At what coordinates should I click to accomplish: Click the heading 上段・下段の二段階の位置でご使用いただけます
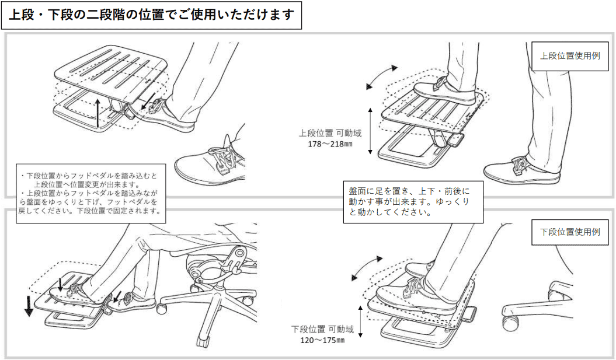[x=151, y=15]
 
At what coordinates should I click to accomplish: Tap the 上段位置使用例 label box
[x=570, y=56]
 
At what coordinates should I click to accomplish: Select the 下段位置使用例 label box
[x=570, y=232]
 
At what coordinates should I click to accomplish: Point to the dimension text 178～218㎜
[x=330, y=144]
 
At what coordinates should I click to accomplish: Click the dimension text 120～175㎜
[x=322, y=340]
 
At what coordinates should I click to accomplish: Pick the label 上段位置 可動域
[x=330, y=133]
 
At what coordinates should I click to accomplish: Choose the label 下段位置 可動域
[x=322, y=329]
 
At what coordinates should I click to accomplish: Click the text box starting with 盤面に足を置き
[x=413, y=202]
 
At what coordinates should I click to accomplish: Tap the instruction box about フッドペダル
[x=91, y=194]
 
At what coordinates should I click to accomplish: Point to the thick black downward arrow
[x=29, y=306]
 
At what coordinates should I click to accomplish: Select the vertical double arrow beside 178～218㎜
[x=370, y=131]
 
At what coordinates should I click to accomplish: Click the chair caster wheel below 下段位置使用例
[x=511, y=323]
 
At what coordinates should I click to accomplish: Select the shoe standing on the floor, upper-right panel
[x=522, y=171]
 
